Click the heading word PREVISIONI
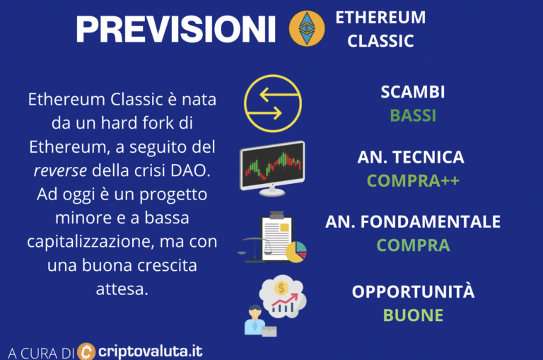(175, 29)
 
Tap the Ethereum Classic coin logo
(307, 28)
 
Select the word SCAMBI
(413, 92)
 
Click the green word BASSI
(413, 115)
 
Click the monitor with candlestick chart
(272, 168)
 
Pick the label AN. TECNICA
(411, 157)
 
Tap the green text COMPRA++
(413, 180)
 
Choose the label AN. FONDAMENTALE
(413, 222)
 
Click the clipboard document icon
(276, 238)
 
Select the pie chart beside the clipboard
(296, 252)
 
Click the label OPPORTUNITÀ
(413, 291)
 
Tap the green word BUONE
(413, 315)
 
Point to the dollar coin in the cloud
(281, 288)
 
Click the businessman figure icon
(255, 320)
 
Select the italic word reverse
(60, 171)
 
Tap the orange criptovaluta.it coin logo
(86, 352)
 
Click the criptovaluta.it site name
(151, 352)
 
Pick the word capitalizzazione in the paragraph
(90, 242)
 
